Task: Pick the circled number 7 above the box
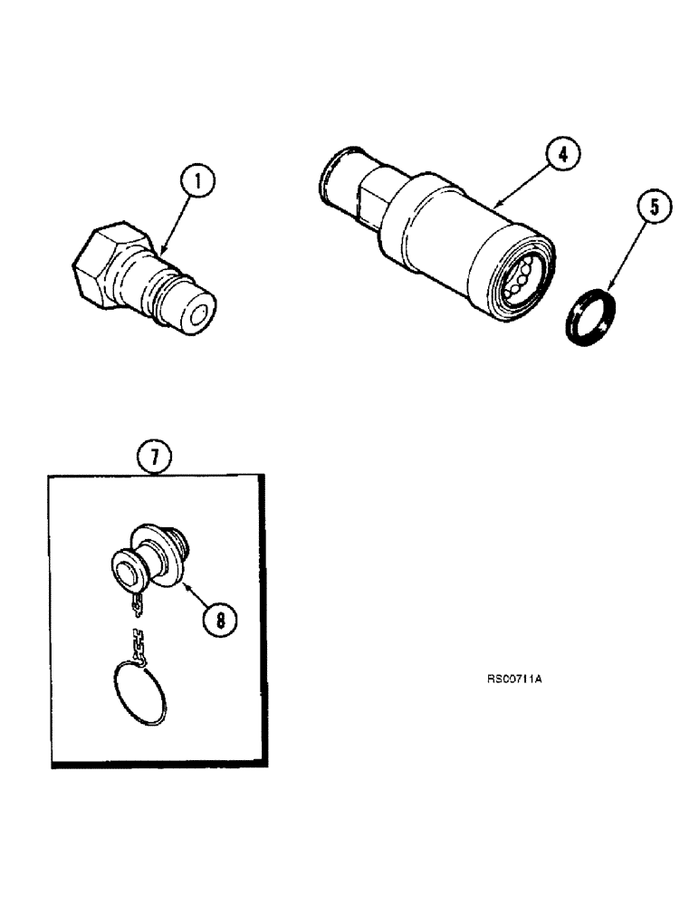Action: [x=155, y=455]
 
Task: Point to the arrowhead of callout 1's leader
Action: [x=160, y=250]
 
